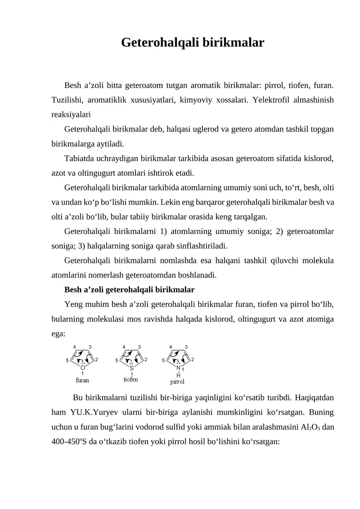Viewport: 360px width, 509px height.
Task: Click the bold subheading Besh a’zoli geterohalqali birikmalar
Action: pyautogui.click(x=130, y=290)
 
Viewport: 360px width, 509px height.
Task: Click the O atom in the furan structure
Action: pyautogui.click(x=83, y=367)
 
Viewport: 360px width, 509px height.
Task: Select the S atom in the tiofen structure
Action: pyautogui.click(x=131, y=367)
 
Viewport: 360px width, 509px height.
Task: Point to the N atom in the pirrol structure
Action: pyautogui.click(x=179, y=367)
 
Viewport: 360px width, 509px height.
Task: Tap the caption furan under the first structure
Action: pyautogui.click(x=82, y=380)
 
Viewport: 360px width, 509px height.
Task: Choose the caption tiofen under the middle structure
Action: pyautogui.click(x=130, y=379)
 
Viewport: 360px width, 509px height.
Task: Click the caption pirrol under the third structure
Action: pyautogui.click(x=177, y=382)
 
